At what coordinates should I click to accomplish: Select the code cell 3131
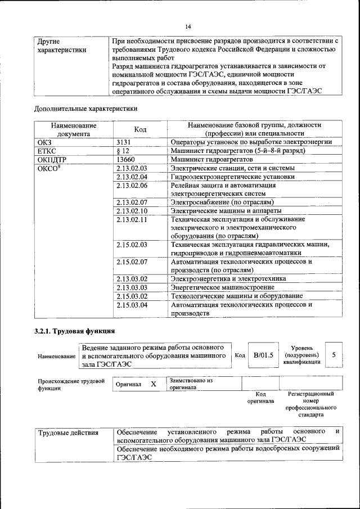pyautogui.click(x=124, y=143)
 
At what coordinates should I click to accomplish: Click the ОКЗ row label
pyautogui.click(x=44, y=143)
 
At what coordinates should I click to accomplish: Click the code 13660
pyautogui.click(x=126, y=160)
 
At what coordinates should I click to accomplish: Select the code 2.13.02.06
pyautogui.click(x=131, y=185)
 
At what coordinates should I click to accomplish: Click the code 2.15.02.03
pyautogui.click(x=131, y=245)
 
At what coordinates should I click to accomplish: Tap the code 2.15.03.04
pyautogui.click(x=131, y=305)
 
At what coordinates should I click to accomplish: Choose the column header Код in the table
pyautogui.click(x=141, y=129)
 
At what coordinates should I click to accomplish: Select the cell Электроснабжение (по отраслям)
pyautogui.click(x=222, y=202)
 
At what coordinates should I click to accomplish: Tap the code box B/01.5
pyautogui.click(x=263, y=355)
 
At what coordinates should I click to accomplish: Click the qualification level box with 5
pyautogui.click(x=334, y=355)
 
